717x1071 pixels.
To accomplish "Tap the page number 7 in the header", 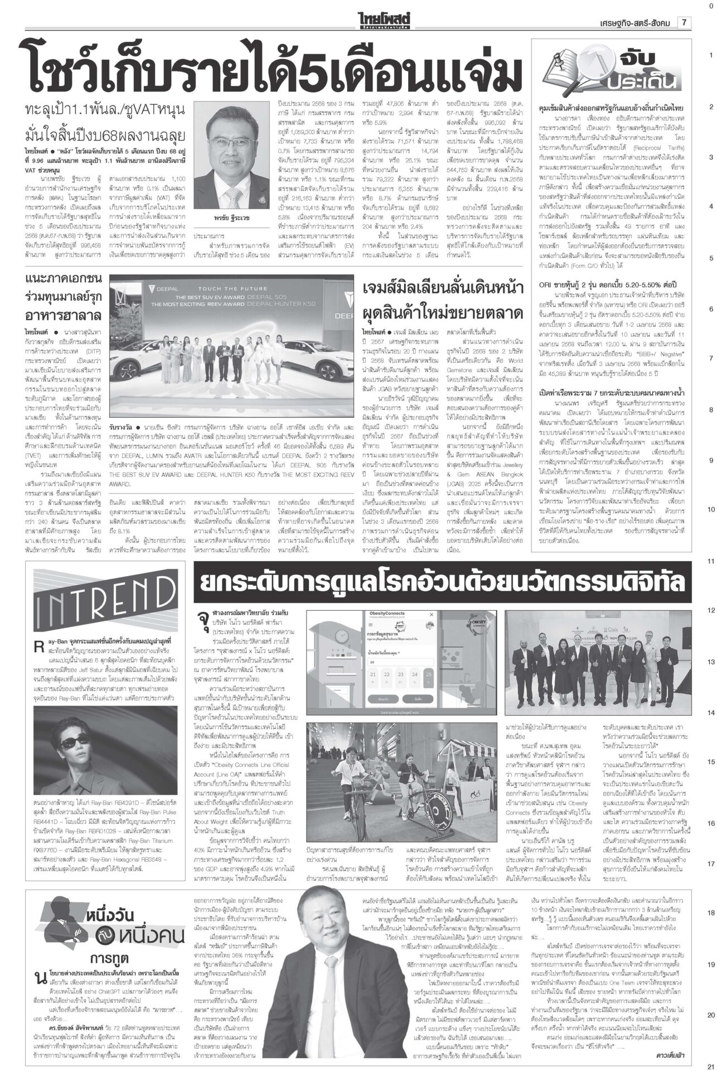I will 682,23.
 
